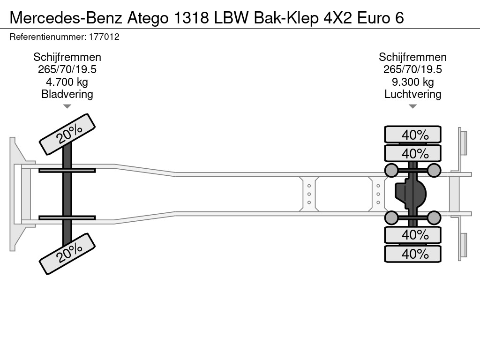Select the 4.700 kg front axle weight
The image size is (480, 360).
[67, 82]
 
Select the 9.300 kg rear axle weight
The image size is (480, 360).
[412, 82]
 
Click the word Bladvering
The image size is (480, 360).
[67, 94]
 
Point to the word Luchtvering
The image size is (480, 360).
[412, 94]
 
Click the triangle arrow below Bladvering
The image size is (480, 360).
[67, 106]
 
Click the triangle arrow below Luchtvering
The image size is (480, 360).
[412, 106]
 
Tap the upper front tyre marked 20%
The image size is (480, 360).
[67, 134]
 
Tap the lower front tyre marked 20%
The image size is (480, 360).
[67, 255]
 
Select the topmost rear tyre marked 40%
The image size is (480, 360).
[412, 135]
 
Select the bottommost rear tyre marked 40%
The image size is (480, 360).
[412, 254]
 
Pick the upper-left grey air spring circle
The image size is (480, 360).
[391, 170]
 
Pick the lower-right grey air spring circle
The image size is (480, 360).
[434, 217]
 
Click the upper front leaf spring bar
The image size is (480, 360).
[67, 170]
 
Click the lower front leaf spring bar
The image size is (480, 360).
[67, 217]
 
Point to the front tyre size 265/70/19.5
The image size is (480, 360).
[67, 69]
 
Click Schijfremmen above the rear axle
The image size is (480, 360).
[412, 57]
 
